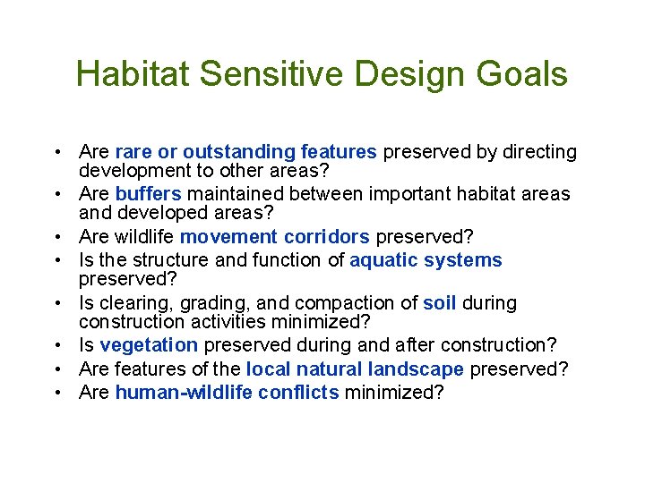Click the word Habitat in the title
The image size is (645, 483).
[x=133, y=74]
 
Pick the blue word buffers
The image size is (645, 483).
[x=148, y=194]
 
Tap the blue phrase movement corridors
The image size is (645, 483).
[x=274, y=236]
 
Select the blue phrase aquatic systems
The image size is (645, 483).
[x=426, y=260]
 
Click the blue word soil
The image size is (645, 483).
[x=439, y=303]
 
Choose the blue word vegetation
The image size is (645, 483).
[x=148, y=345]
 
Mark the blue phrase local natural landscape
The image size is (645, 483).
[x=355, y=369]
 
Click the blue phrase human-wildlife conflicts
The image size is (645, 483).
[x=227, y=392]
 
